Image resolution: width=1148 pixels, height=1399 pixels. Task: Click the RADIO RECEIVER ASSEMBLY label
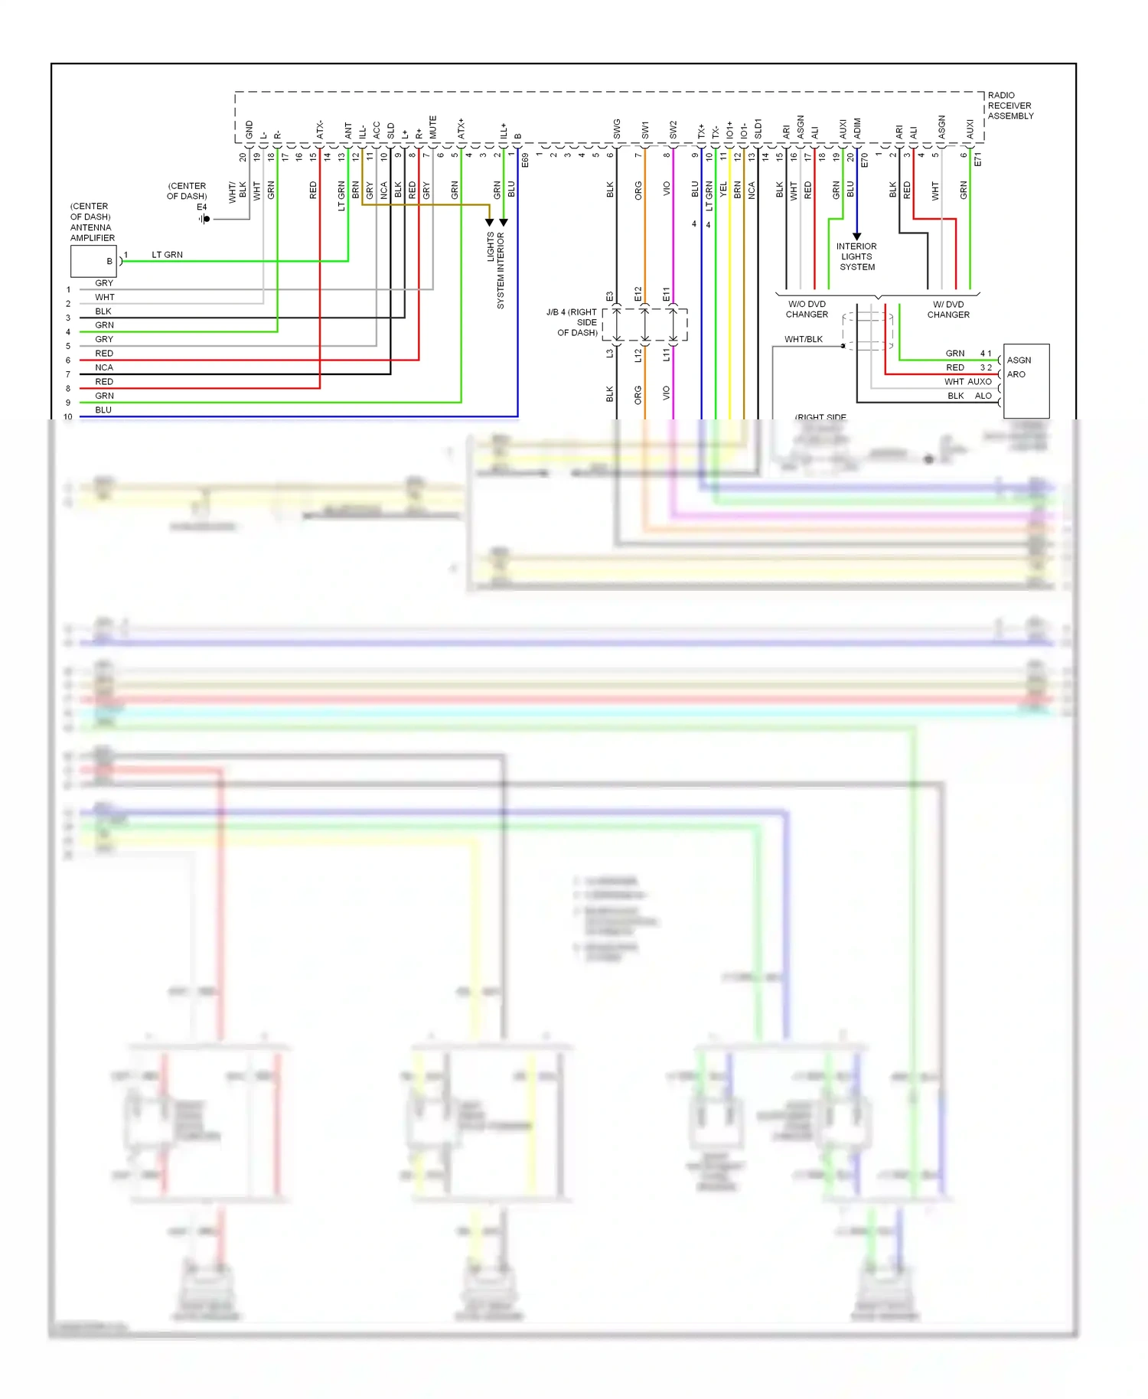point(1009,106)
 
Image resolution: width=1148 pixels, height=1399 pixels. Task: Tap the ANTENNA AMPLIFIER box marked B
point(93,262)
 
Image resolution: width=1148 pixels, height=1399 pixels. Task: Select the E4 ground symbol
point(204,219)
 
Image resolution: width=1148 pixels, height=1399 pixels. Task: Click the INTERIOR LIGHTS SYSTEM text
point(856,256)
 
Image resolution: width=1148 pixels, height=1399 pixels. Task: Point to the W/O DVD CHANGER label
point(807,309)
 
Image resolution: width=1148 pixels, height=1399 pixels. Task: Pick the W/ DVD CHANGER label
point(948,309)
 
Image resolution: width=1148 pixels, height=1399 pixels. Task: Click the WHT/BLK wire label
point(803,339)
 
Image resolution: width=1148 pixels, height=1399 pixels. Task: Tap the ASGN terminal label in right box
point(1019,360)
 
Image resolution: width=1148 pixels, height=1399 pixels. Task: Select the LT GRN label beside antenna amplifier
point(167,255)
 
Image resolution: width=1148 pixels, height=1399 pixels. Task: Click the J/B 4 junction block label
point(572,322)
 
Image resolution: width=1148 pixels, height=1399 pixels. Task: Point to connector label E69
point(525,160)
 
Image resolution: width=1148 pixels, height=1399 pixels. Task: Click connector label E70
point(865,160)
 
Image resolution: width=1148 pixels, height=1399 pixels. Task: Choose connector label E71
point(977,159)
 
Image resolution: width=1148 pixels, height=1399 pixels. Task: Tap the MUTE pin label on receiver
point(432,127)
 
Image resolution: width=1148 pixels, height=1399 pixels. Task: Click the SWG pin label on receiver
point(617,129)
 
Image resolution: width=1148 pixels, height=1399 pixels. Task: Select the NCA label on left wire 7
point(104,367)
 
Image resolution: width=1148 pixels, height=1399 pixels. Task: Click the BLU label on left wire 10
point(103,410)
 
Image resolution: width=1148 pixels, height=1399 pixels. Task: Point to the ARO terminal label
point(1016,374)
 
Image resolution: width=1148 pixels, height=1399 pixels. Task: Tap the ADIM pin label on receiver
point(857,129)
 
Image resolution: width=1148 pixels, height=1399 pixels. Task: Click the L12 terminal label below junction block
point(638,355)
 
